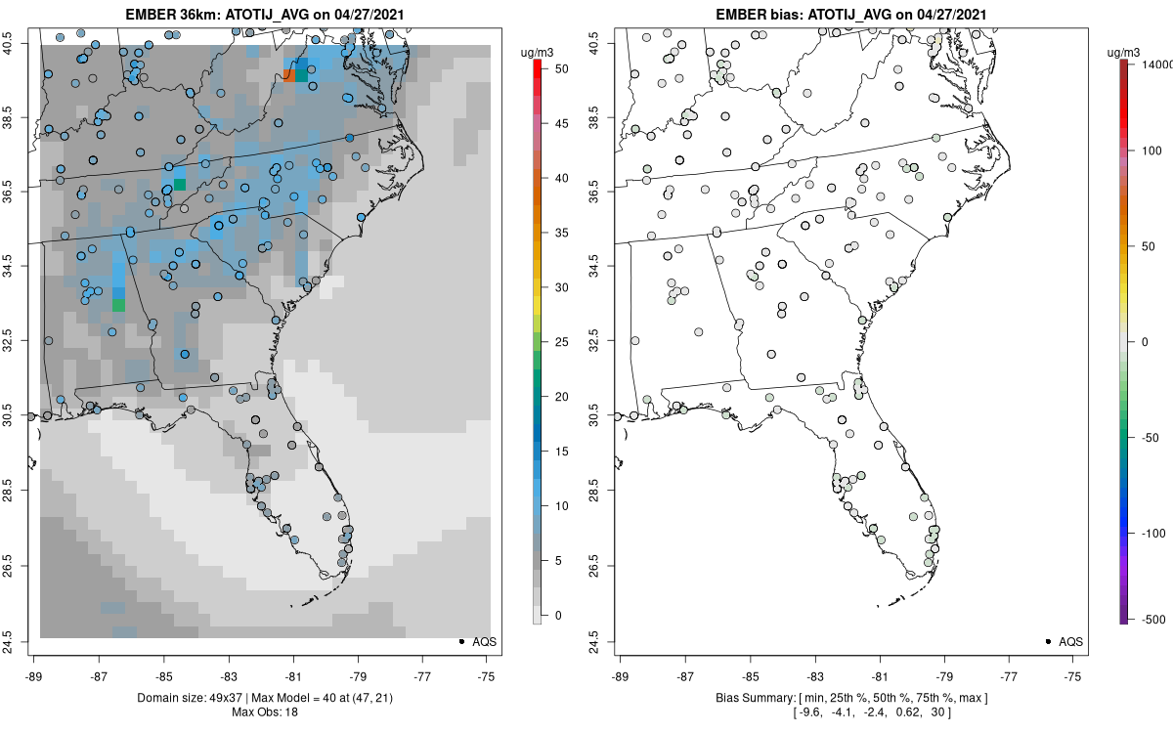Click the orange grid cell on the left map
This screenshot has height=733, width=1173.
[287, 74]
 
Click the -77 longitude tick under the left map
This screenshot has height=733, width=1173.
[423, 674]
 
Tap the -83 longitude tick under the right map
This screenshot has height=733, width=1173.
[814, 674]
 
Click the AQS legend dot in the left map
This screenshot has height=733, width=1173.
[460, 641]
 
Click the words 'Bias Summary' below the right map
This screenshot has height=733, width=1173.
[749, 698]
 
